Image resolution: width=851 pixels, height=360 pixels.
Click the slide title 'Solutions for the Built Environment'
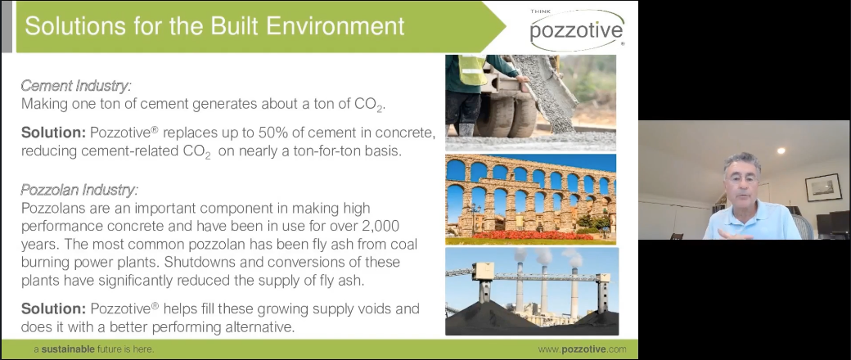(214, 25)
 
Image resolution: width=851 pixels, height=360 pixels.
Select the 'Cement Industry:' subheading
(75, 86)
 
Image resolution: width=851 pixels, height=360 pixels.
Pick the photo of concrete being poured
(530, 101)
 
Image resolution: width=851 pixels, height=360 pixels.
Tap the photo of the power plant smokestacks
(530, 291)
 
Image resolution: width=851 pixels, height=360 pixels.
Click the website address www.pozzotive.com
(582, 349)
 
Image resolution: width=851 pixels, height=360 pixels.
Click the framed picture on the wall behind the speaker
(822, 188)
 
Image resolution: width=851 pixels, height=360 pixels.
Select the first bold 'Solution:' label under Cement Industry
(53, 132)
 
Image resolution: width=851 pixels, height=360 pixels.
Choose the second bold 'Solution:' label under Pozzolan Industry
(53, 309)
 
